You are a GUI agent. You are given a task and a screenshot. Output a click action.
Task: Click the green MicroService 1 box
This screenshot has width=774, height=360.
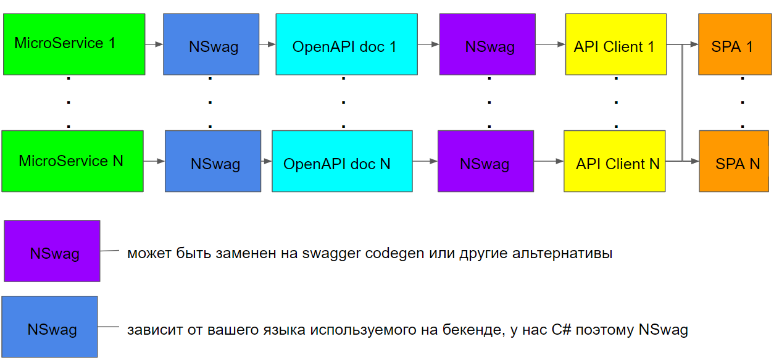point(74,44)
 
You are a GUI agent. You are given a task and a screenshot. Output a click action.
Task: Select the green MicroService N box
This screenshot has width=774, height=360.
point(72,161)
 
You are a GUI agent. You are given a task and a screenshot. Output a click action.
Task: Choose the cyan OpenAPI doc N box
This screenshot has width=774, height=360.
point(342,161)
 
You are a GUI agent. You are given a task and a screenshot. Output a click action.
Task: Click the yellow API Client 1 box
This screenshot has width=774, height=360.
point(615,44)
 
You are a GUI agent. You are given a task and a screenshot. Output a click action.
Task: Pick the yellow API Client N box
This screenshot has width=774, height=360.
point(615,161)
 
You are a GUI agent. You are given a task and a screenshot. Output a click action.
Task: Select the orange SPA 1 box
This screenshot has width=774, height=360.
point(731,44)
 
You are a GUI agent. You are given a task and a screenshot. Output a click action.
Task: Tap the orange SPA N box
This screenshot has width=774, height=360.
point(731,161)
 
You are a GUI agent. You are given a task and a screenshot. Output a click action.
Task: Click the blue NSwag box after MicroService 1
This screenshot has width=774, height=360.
point(211,44)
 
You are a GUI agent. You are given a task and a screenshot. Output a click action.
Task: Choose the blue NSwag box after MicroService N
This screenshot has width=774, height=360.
point(212,161)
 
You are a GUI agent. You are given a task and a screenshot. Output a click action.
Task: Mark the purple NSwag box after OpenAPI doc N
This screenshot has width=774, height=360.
point(485,161)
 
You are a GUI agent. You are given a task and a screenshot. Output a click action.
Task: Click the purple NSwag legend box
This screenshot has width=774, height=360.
point(52,251)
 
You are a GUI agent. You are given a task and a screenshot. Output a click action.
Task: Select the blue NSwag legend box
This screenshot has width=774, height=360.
point(49,327)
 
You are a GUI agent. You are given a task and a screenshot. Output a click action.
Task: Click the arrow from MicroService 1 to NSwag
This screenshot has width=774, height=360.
point(154,44)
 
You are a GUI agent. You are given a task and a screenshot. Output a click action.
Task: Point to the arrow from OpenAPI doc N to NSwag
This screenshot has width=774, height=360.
point(425,161)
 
